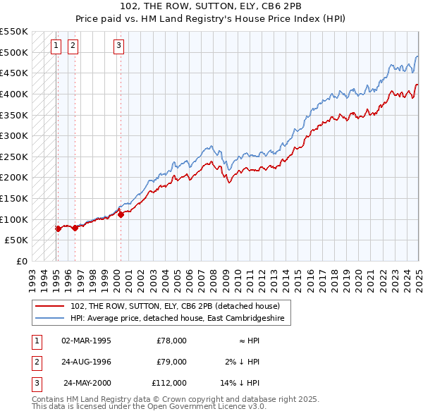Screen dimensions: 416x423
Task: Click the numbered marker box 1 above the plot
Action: pos(56,47)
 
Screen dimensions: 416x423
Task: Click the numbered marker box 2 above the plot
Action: pos(73,47)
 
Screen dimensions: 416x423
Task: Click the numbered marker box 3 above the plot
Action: pos(118,47)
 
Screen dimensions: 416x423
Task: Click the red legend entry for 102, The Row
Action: pos(176,306)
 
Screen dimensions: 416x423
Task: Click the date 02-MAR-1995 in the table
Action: pos(86,341)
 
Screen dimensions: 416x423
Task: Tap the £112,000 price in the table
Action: pos(169,384)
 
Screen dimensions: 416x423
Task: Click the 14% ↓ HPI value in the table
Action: pos(240,384)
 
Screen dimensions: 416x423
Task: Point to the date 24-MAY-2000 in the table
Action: pos(87,384)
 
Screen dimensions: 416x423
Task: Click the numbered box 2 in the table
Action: pos(35,362)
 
